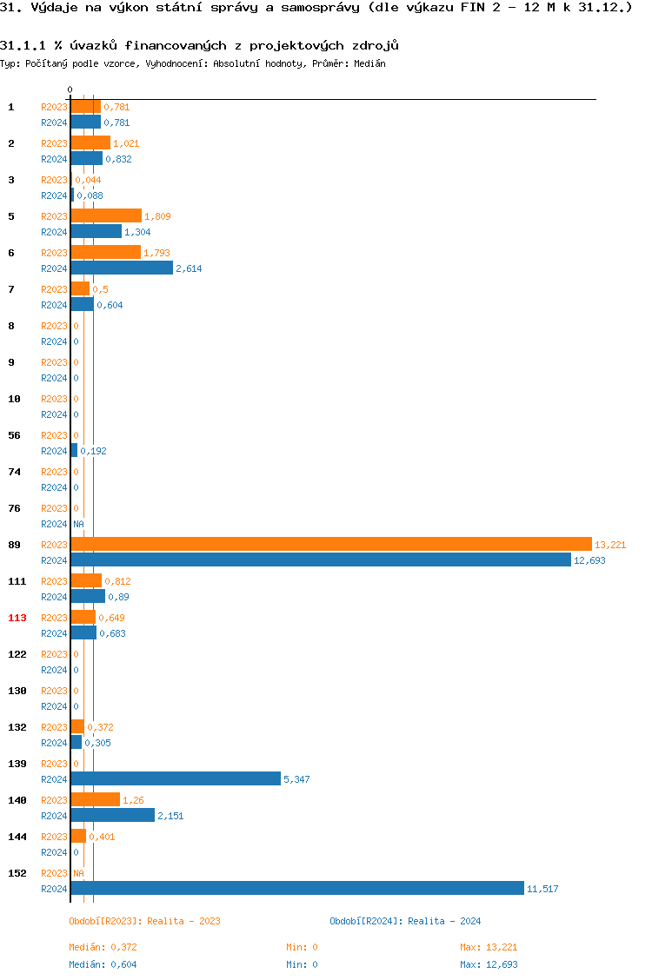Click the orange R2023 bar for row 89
click(330, 544)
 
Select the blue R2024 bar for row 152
click(297, 888)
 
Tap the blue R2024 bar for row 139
click(176, 778)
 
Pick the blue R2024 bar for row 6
click(122, 268)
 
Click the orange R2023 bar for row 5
click(106, 215)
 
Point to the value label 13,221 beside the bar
click(610, 545)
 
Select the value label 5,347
click(296, 779)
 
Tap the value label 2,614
click(189, 268)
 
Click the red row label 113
click(17, 618)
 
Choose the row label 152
click(17, 873)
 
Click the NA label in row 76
click(78, 524)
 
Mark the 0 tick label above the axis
click(70, 89)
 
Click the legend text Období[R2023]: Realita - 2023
click(144, 921)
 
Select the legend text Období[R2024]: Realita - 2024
click(405, 921)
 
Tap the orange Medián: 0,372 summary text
click(103, 947)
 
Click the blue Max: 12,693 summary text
click(489, 964)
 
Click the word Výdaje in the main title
click(50, 9)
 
